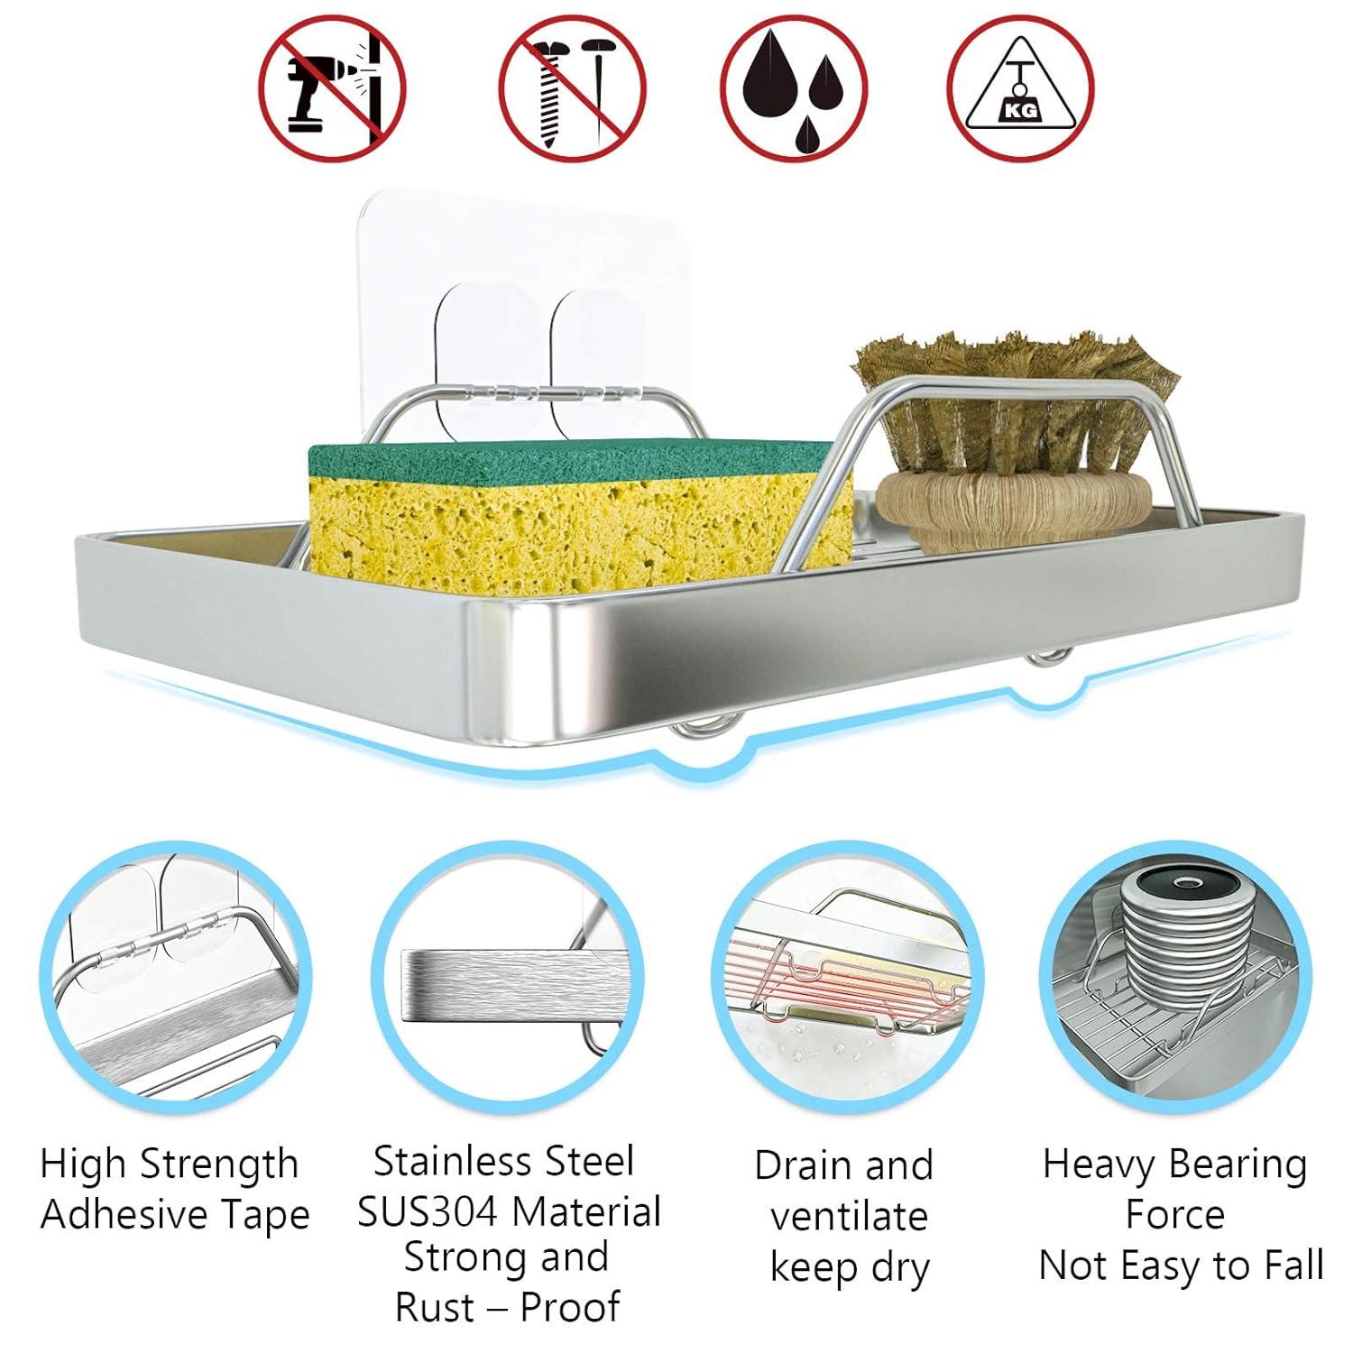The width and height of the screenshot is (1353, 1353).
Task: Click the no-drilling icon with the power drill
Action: click(334, 89)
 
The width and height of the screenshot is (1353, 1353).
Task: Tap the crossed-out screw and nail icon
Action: click(573, 89)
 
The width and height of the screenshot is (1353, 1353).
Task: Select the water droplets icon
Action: click(795, 89)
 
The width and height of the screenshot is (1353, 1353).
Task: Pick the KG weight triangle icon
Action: click(1020, 89)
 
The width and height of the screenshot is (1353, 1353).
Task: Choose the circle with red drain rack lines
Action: click(846, 980)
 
